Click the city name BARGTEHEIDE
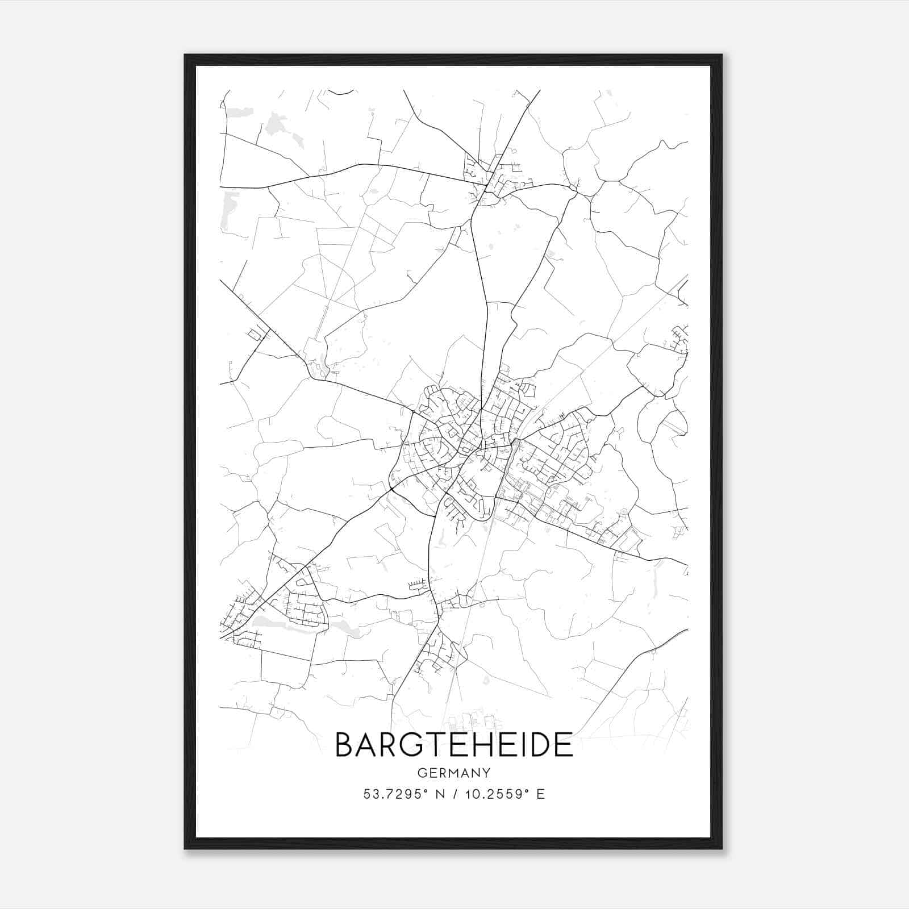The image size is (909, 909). point(454,745)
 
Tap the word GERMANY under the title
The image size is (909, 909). point(454,773)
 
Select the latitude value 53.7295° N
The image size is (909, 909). point(404,794)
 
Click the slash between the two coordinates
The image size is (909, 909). point(454,794)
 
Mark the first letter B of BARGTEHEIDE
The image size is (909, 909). point(345,745)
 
